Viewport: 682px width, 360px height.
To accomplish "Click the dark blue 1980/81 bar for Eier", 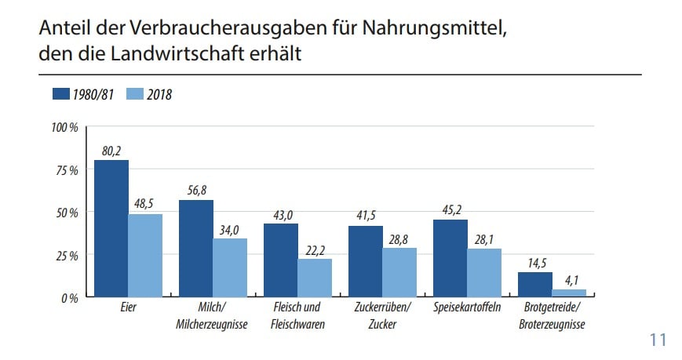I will (x=111, y=228).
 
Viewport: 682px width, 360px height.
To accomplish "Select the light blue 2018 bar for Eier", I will (x=145, y=256).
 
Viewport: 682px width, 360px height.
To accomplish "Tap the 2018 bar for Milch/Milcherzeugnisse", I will (x=230, y=267).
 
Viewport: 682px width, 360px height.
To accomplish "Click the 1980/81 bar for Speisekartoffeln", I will (x=450, y=258).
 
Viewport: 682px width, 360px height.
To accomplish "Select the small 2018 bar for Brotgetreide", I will (x=569, y=293).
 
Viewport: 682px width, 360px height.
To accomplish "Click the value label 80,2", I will (x=111, y=151).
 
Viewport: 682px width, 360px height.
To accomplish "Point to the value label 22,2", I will (x=315, y=249).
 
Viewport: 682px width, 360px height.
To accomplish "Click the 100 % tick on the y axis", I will (x=64, y=127).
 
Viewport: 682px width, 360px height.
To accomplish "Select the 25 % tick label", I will (x=67, y=255).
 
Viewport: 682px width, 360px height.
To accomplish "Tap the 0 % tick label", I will (x=69, y=298).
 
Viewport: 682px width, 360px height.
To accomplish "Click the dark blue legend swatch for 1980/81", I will (x=61, y=94).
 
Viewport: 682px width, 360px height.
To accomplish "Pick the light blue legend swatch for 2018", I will (x=134, y=94).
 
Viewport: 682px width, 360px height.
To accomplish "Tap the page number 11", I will (x=657, y=340).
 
